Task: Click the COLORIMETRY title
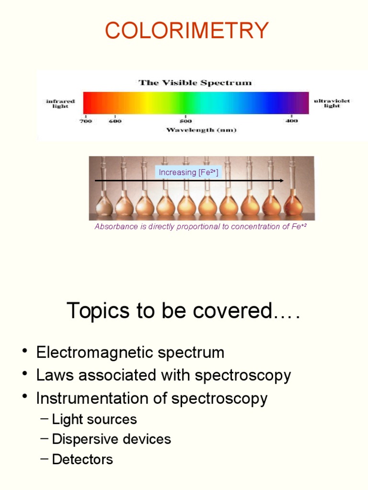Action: (x=187, y=31)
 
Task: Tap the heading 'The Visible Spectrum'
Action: (x=195, y=83)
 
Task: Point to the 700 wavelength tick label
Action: (x=85, y=121)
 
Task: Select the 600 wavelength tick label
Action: (x=115, y=121)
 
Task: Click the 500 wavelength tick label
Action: (x=185, y=121)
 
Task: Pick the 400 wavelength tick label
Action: (x=292, y=121)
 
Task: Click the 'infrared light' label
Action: (x=60, y=103)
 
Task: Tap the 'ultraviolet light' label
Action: (x=332, y=103)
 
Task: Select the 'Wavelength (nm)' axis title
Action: (x=201, y=130)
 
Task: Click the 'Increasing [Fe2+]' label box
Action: (x=188, y=172)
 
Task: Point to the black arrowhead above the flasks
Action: (x=282, y=180)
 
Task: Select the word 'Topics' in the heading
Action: (x=98, y=311)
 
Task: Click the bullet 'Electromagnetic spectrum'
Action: (x=130, y=353)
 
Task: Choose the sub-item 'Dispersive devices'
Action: (x=111, y=439)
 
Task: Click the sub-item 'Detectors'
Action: (x=82, y=459)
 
